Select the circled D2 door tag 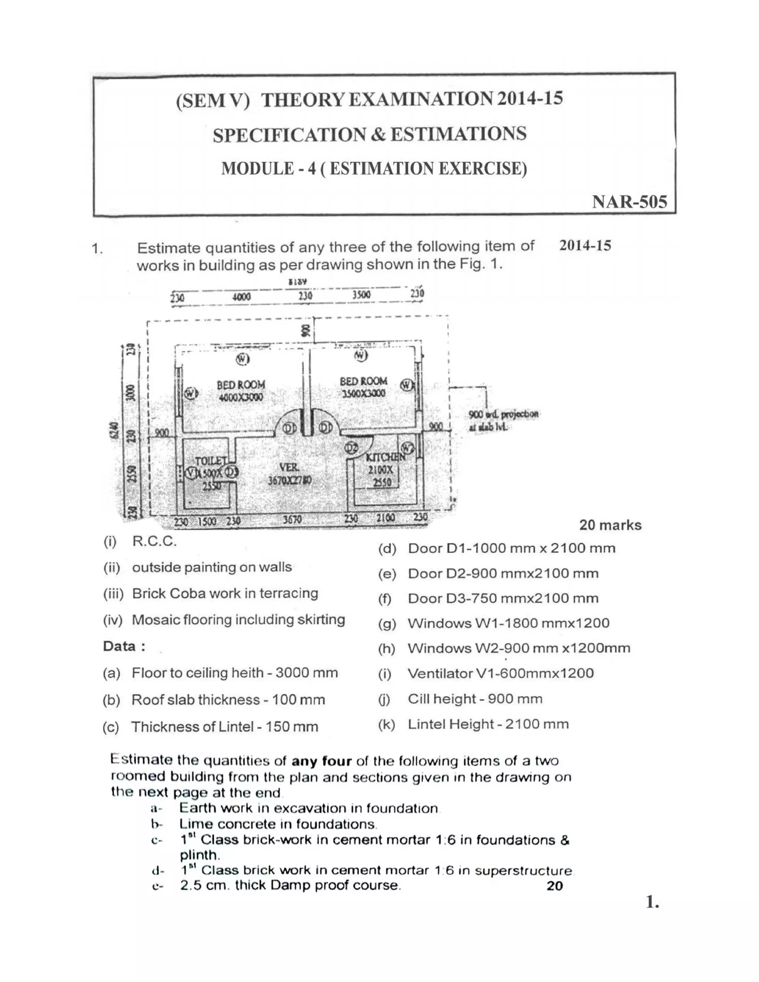352,448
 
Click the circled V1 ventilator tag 192,473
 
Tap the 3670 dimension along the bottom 292,520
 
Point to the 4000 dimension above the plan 242,297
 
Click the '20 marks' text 610,525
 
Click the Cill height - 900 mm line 475,699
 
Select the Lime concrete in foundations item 278,824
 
